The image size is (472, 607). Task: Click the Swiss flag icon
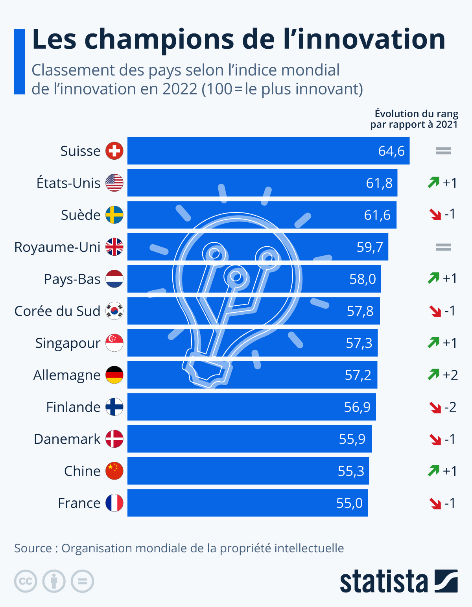114,151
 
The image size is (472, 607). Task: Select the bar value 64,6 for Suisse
391,151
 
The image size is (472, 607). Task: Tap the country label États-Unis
68,183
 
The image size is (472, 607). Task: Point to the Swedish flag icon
114,215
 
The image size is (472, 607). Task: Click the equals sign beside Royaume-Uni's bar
443,247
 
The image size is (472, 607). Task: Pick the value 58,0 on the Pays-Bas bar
362,279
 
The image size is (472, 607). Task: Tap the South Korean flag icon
114,311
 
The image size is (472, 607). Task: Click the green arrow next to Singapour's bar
433,343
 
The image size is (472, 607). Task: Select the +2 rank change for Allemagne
450,375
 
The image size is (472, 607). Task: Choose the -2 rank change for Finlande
450,407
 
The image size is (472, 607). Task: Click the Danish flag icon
114,439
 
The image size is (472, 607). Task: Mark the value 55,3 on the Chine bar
351,471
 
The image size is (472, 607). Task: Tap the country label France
79,503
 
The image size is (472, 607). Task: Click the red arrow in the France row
435,503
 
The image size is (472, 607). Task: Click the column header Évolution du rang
416,114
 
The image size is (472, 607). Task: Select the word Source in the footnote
33,548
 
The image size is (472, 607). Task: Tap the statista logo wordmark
383,581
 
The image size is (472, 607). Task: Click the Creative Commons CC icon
26,581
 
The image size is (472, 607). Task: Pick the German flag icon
114,375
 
